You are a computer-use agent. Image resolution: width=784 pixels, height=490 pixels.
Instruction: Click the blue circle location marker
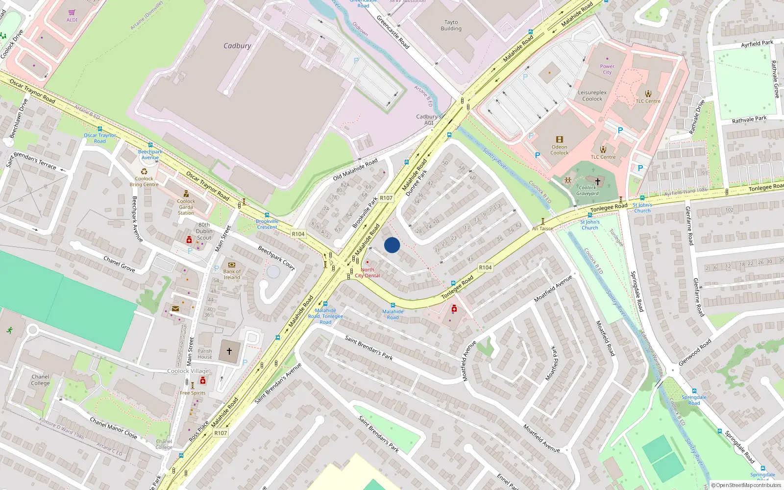click(392, 245)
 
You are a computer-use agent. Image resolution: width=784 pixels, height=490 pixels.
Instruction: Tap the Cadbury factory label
click(237, 46)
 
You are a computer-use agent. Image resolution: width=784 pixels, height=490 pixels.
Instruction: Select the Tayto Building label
click(451, 25)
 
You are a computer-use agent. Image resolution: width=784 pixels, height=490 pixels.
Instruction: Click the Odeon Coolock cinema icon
click(559, 140)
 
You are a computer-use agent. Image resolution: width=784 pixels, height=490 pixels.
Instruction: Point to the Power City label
click(607, 69)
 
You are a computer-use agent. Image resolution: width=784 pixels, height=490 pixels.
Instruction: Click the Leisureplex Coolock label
click(592, 96)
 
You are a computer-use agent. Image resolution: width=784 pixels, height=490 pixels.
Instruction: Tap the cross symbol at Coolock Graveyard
click(597, 181)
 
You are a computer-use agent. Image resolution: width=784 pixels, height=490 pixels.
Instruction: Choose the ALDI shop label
click(72, 20)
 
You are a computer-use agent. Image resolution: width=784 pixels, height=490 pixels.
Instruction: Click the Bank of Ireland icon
click(232, 265)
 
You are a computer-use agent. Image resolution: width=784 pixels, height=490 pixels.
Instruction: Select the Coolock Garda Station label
click(186, 207)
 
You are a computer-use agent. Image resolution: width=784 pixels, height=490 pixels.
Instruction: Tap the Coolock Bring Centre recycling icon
click(144, 171)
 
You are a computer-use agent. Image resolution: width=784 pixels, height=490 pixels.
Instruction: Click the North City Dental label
click(367, 272)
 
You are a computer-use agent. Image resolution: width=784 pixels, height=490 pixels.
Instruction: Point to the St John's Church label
click(642, 208)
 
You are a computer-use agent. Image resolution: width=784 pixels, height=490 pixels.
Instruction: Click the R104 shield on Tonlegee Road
click(485, 267)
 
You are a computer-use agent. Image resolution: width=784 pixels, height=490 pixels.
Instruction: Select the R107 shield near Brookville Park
click(386, 198)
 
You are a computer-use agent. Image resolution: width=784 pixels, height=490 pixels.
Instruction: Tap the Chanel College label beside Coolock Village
click(40, 380)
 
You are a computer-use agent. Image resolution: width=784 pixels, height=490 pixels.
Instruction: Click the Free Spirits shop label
click(193, 393)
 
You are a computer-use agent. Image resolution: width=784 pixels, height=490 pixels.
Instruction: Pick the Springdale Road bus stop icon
click(694, 391)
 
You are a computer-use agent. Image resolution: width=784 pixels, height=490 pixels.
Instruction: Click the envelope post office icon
click(175, 309)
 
